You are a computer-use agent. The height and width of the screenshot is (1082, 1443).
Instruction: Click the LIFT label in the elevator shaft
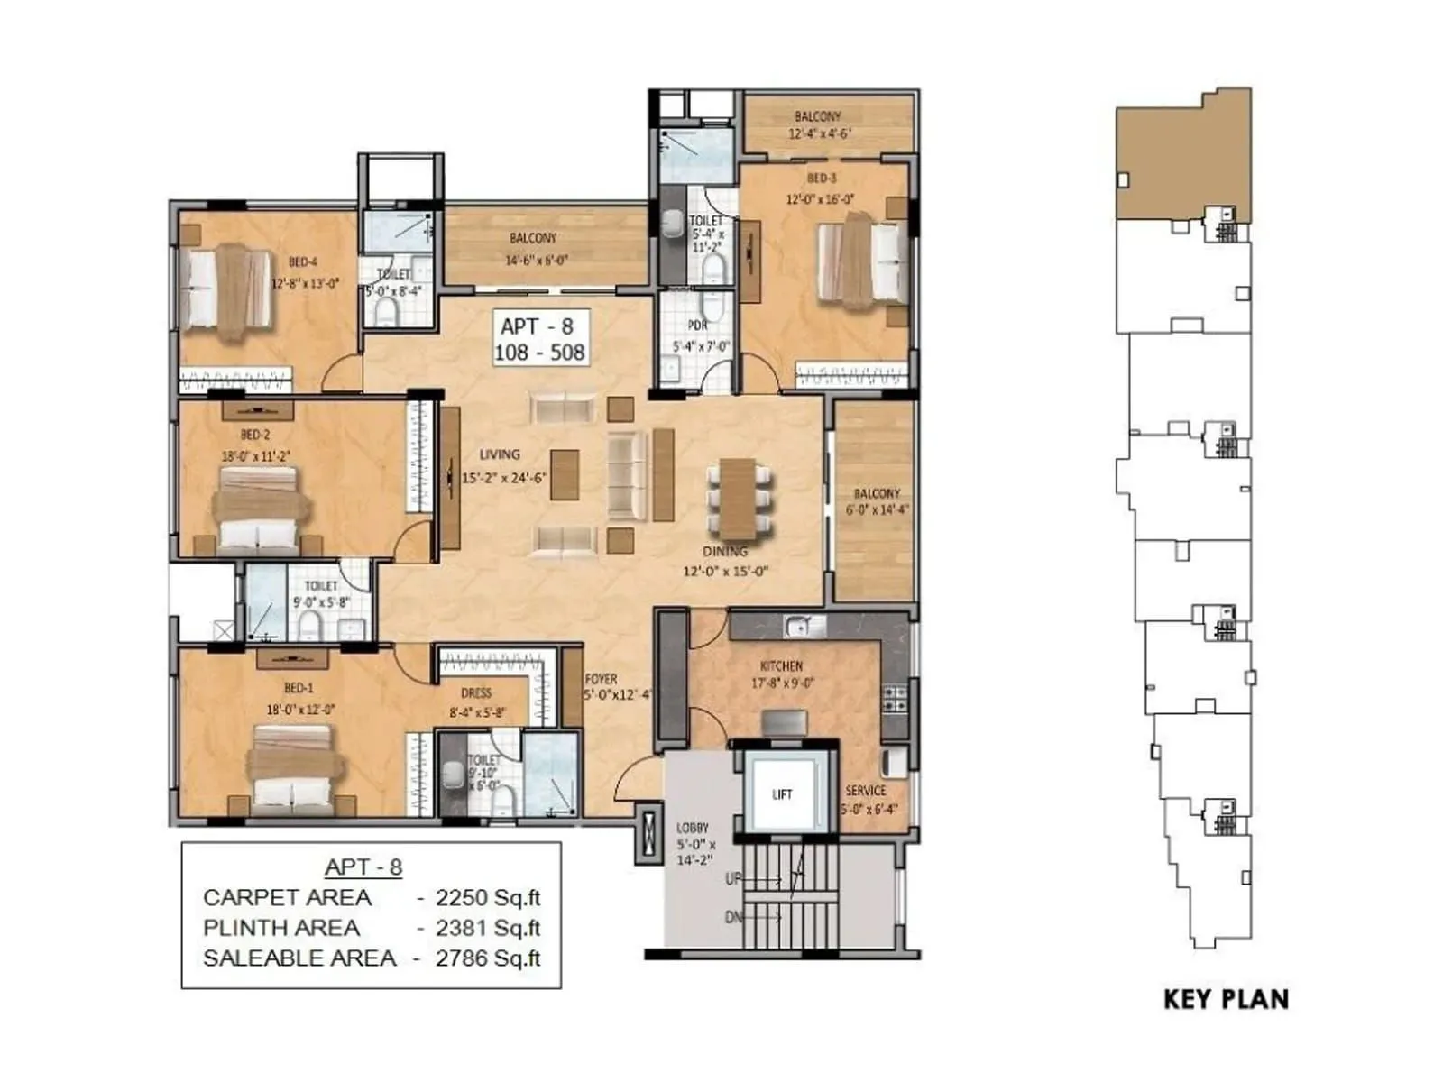pos(782,794)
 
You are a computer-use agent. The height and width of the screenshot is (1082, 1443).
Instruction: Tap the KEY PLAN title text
pos(1226,999)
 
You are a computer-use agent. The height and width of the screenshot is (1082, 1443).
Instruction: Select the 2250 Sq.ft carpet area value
pos(487,898)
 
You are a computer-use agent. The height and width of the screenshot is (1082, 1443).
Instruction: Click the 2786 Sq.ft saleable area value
pos(487,958)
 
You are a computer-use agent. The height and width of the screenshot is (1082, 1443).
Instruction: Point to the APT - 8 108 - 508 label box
pos(542,339)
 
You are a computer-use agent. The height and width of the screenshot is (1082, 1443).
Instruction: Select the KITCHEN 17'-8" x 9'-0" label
pos(782,674)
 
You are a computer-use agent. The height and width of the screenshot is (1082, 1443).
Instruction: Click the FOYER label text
pos(601,679)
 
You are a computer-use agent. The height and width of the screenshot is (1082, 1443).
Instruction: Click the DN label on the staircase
pos(734,917)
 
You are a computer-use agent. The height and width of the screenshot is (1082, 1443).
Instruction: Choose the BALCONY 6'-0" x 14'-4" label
pos(877,501)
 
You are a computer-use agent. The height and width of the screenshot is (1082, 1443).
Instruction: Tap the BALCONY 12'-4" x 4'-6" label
pos(819,124)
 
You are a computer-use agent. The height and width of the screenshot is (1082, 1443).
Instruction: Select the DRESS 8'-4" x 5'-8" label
pos(476,702)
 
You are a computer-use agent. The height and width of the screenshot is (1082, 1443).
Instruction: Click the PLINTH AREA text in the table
pos(281,928)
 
